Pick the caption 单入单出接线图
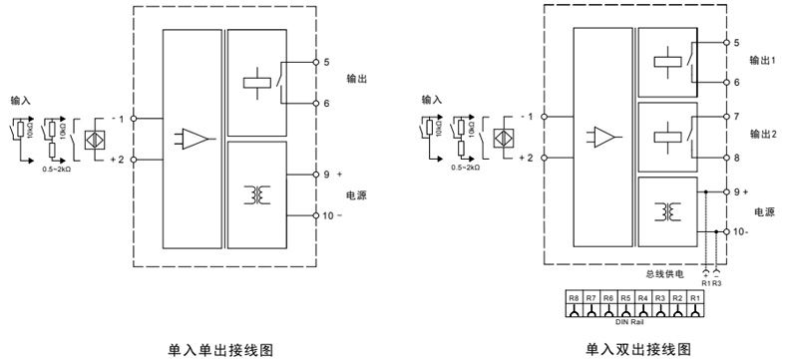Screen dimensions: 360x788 [x=219, y=349]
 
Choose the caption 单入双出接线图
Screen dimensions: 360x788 [x=638, y=349]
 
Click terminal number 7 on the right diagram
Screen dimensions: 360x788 [x=735, y=117]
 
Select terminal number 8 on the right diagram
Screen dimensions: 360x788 [x=735, y=158]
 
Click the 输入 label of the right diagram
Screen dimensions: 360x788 [x=431, y=101]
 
